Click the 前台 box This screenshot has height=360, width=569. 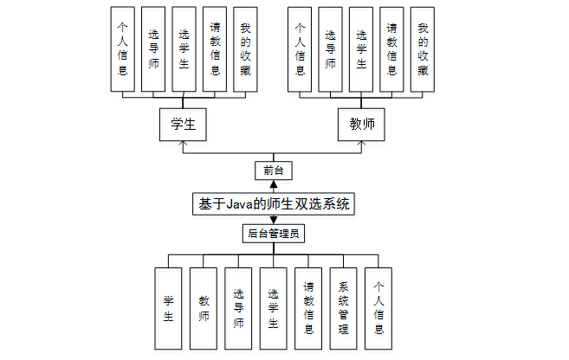pyautogui.click(x=273, y=170)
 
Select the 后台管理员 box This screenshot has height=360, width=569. pyautogui.click(x=273, y=233)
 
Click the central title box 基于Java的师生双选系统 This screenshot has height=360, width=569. pyautogui.click(x=273, y=204)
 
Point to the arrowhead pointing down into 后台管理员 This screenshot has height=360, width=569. pyautogui.click(x=273, y=220)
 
